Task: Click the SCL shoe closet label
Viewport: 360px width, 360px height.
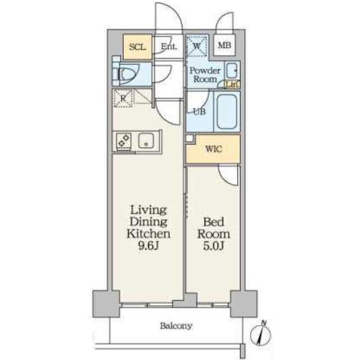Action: coord(137,47)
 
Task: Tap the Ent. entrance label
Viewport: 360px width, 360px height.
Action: coord(169,47)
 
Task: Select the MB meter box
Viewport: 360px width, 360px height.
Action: coord(224,45)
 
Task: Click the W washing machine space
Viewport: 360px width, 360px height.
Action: coord(196,46)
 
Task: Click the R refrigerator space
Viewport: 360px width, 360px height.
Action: coord(123,98)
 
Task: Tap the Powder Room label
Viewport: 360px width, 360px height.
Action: coord(205,75)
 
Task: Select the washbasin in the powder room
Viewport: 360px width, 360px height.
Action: coord(232,70)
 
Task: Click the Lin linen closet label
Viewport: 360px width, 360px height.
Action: coord(232,85)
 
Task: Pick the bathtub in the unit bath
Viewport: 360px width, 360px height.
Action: coord(227,111)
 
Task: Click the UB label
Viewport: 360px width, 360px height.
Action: coord(199,111)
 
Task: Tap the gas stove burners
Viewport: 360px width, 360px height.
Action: coord(124,141)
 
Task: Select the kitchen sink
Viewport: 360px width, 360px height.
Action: coord(146,140)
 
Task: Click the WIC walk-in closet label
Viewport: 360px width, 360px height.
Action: coord(214,149)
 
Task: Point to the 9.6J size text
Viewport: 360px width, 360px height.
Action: coord(148,246)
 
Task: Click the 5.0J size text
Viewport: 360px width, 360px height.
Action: coord(214,246)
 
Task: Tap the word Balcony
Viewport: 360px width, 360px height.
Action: coord(176,326)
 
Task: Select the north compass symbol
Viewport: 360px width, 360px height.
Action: coord(261,334)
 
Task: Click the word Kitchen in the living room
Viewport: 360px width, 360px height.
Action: coord(148,234)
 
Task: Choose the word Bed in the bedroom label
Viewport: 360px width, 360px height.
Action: coord(214,222)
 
